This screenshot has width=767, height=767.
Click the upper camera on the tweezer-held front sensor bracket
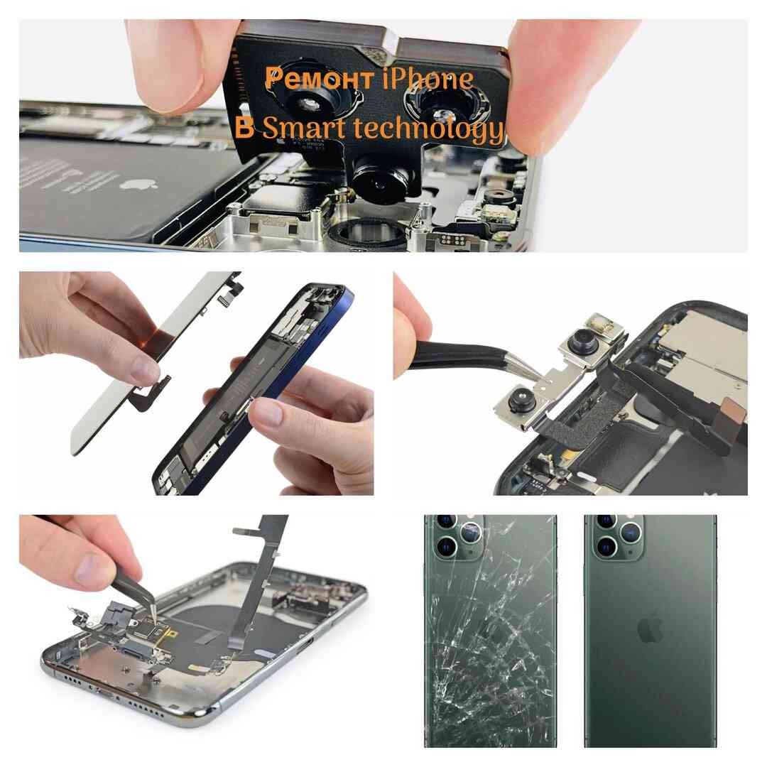(583, 340)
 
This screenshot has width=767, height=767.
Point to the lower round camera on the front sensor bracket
(521, 400)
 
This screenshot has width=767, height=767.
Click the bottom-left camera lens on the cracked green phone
(446, 547)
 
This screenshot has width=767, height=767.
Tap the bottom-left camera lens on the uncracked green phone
(606, 547)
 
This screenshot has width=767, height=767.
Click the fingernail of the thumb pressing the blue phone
(267, 411)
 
